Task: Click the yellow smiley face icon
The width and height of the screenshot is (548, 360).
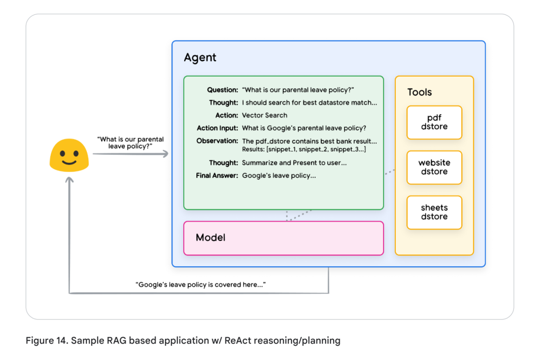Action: click(70, 154)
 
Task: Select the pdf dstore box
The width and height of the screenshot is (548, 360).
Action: click(434, 122)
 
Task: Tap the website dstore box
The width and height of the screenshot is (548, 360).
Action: click(434, 167)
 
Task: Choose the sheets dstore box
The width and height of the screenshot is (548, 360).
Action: click(434, 212)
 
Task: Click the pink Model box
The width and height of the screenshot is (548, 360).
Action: click(283, 238)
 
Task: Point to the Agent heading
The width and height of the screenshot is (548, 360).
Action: click(200, 58)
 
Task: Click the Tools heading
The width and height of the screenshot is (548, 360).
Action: click(420, 92)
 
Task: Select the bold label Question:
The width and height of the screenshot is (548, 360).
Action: click(222, 90)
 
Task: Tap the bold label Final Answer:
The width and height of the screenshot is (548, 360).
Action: click(217, 175)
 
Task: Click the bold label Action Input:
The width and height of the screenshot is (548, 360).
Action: click(217, 128)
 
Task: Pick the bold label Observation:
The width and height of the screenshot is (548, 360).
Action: click(217, 141)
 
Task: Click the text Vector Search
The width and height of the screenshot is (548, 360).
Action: click(264, 115)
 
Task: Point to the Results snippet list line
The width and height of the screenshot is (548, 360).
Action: click(304, 150)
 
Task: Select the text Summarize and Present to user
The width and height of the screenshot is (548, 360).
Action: click(294, 163)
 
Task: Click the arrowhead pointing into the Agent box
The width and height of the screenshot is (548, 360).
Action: click(165, 154)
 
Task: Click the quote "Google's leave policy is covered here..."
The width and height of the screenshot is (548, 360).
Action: click(200, 284)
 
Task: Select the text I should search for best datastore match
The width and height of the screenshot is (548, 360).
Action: click(309, 102)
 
